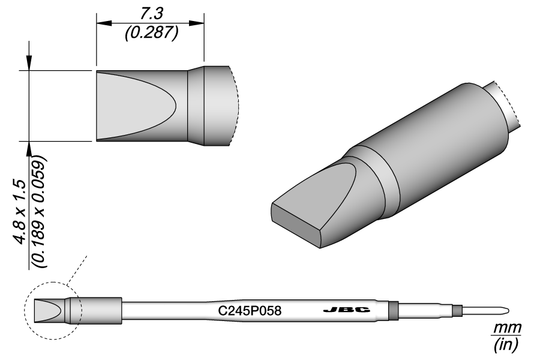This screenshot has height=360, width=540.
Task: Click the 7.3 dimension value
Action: point(151,11)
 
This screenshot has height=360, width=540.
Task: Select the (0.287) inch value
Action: point(151,34)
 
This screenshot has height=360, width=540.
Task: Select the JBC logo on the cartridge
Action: point(346,310)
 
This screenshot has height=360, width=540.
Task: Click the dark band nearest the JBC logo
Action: point(394,310)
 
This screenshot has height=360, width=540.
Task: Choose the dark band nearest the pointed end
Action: point(457,310)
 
